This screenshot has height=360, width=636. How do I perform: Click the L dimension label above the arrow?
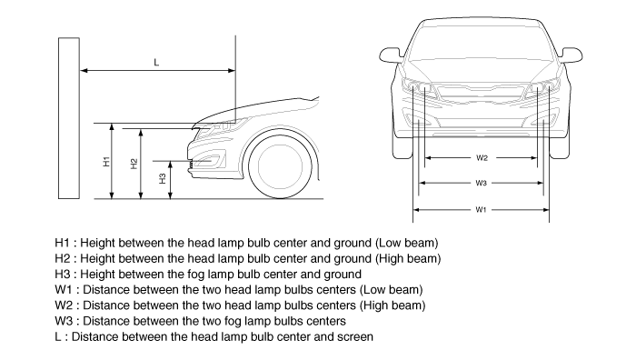pos(156,62)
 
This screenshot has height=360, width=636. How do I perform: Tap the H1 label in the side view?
pos(106,161)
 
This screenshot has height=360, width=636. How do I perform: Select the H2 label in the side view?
pos(134,164)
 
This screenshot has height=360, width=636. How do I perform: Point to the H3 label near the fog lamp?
pos(163,178)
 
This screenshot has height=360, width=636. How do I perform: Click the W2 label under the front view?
pos(482,158)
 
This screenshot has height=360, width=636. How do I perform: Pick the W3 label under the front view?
pos(481,183)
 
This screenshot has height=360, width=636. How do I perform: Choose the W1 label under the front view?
pos(481,210)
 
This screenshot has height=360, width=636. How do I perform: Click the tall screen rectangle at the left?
pos(69,118)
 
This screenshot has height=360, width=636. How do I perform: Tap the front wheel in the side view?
pos(280,166)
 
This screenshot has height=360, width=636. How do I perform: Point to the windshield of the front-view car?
pos(481,41)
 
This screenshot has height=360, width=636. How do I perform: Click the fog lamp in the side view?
pos(208,162)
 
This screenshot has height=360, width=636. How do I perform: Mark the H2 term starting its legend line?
pos(63,258)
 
